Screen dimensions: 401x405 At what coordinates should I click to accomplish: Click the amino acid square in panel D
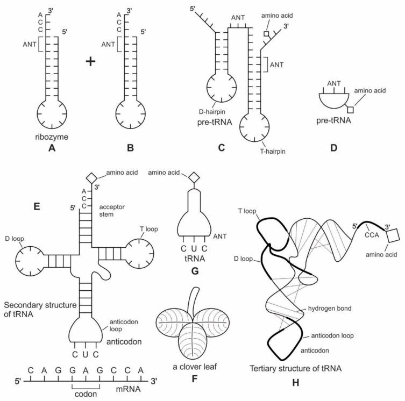tap(350, 110)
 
